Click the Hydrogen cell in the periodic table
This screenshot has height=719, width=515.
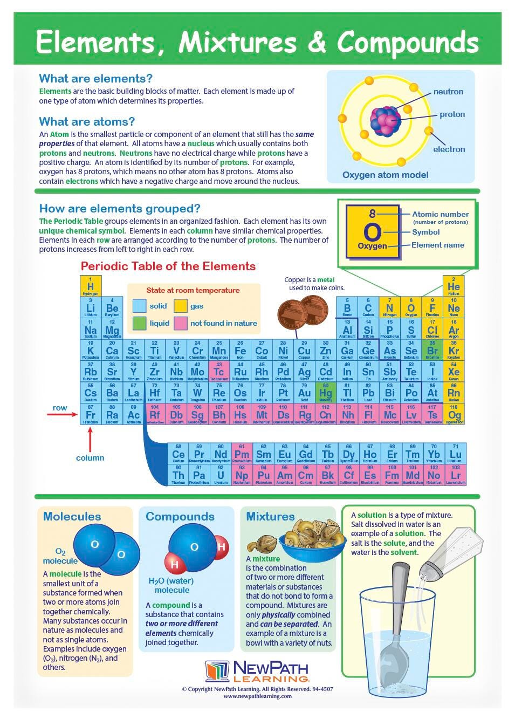91,286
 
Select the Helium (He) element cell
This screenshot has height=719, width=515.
454,286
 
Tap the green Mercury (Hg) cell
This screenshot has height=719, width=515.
325,392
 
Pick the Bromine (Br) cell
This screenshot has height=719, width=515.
432,350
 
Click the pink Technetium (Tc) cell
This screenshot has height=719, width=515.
219,371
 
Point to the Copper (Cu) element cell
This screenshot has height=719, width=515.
304,350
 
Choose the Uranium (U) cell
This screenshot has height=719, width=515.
221,475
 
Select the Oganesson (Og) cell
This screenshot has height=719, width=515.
454,414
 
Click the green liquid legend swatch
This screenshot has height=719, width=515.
140,324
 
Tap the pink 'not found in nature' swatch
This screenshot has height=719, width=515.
181,324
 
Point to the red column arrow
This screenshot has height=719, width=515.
90,439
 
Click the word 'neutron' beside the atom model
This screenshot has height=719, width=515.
448,92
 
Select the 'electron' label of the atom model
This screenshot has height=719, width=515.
449,149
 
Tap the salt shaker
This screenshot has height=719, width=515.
445,553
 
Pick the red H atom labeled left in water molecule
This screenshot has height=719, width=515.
175,564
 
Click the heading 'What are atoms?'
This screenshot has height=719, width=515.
87,122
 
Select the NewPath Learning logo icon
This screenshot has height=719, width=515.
217,672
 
